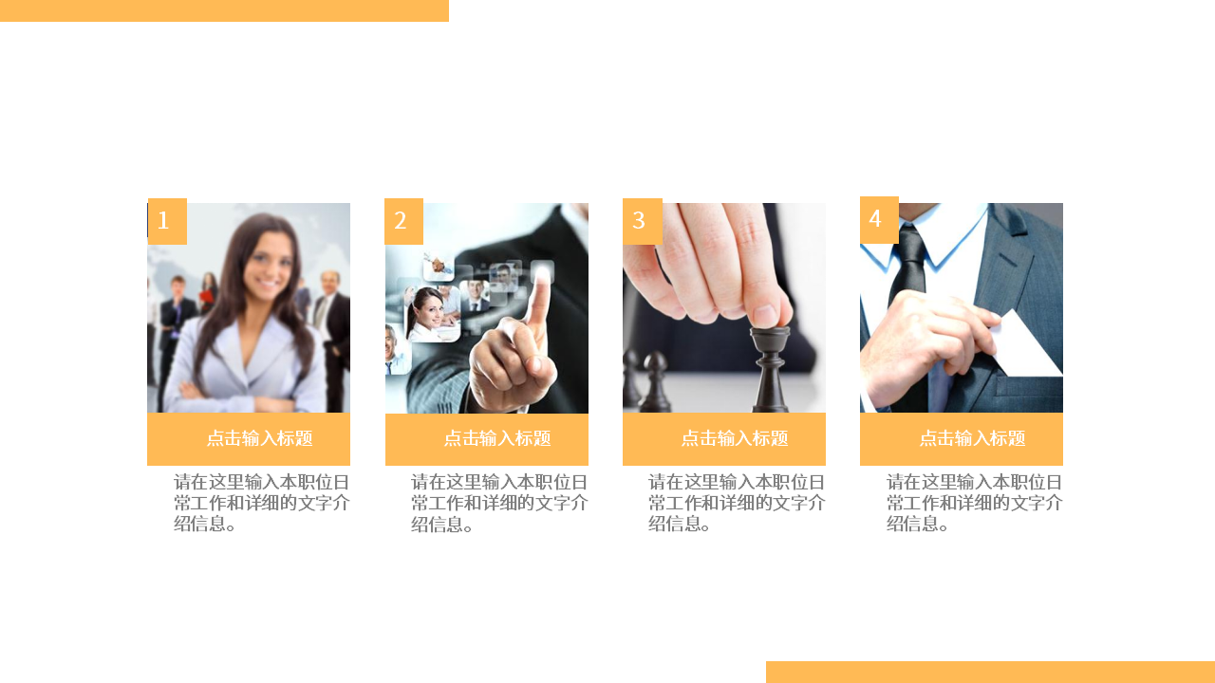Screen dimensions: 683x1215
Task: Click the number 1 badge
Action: tap(167, 221)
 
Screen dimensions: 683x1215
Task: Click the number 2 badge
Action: tap(403, 221)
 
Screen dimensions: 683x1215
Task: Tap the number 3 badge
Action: tap(642, 221)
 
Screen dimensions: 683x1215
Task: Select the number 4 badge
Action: tap(879, 219)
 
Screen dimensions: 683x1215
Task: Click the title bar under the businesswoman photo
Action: tap(249, 438)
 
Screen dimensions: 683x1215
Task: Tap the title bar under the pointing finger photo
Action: tap(487, 438)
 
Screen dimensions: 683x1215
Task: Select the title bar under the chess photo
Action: tap(724, 438)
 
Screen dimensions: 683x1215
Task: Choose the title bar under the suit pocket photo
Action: tap(962, 438)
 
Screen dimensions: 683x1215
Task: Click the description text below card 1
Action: tap(261, 503)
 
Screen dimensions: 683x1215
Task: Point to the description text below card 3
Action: tap(737, 503)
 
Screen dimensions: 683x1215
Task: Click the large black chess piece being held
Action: tap(770, 370)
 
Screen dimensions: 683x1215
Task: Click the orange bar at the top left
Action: tap(224, 10)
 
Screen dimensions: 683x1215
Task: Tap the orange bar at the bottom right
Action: tap(990, 672)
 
